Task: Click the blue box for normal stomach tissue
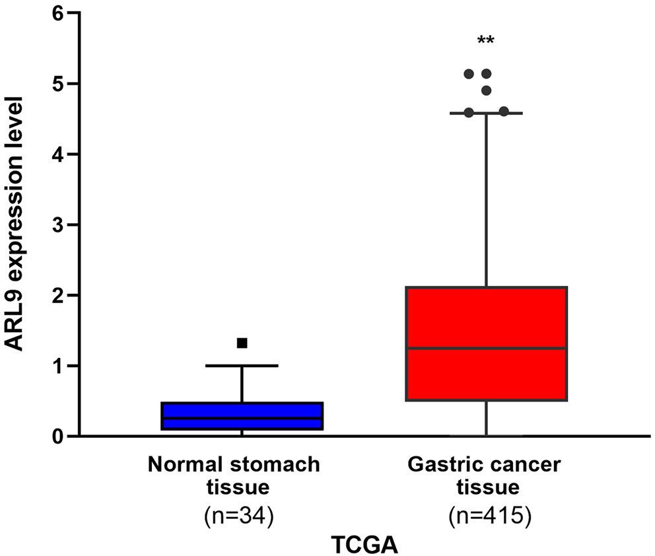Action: pos(242,416)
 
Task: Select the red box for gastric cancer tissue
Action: pos(486,343)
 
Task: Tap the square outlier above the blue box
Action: pos(242,343)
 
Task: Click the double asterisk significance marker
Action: pos(486,42)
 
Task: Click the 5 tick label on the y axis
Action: pos(61,84)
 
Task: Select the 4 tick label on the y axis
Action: pos(61,155)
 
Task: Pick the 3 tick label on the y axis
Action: pos(61,225)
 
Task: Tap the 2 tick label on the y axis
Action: pos(61,295)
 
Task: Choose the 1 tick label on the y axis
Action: pos(61,366)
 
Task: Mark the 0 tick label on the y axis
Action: pos(61,436)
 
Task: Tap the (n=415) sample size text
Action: pos(486,516)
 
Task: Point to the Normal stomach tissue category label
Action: pos(234,475)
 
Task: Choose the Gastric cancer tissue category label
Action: pos(486,475)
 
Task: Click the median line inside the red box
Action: pos(486,348)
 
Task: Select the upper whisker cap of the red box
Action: pos(486,114)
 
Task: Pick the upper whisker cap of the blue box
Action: pos(242,365)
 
